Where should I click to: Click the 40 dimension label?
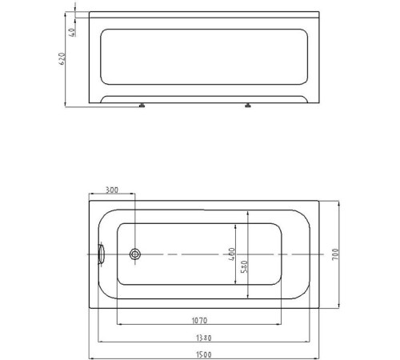coord(71,31)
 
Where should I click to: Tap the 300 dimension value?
coord(111,190)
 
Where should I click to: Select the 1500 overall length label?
coord(204,353)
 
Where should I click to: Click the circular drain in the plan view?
coord(135,254)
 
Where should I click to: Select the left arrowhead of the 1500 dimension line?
coord(90,357)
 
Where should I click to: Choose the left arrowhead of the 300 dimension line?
coord(90,194)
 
